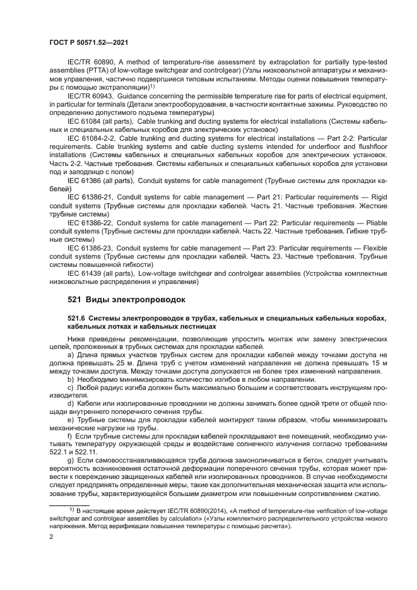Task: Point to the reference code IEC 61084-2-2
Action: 91,136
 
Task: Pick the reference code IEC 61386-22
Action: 90,222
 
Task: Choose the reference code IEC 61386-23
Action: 90,248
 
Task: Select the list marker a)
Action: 71,355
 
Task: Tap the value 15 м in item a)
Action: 392,363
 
